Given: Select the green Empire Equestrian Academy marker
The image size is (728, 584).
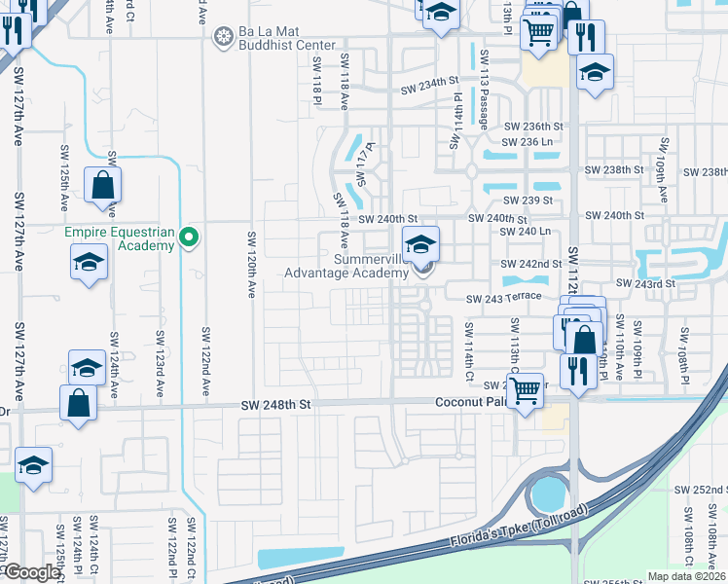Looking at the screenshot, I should pyautogui.click(x=190, y=237).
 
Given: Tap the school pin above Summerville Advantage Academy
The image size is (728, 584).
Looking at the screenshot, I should pyautogui.click(x=420, y=243).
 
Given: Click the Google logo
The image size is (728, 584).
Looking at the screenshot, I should pyautogui.click(x=31, y=572).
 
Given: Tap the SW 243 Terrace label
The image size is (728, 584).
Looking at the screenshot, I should pyautogui.click(x=502, y=299).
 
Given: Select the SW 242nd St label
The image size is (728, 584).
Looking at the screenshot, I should pyautogui.click(x=532, y=264).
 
